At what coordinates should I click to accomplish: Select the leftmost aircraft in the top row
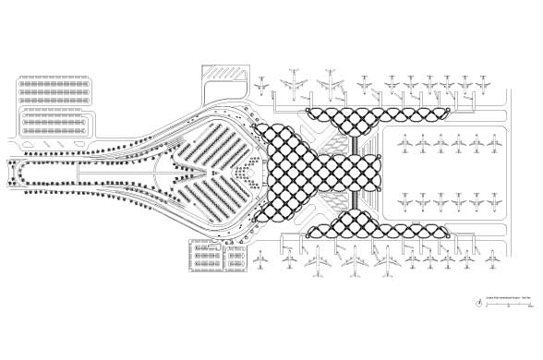262,86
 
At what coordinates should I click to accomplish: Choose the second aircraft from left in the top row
295,81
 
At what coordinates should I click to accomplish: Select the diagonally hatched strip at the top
223,71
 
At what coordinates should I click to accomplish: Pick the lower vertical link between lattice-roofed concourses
355,199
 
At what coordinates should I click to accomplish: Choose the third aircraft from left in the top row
330,84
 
